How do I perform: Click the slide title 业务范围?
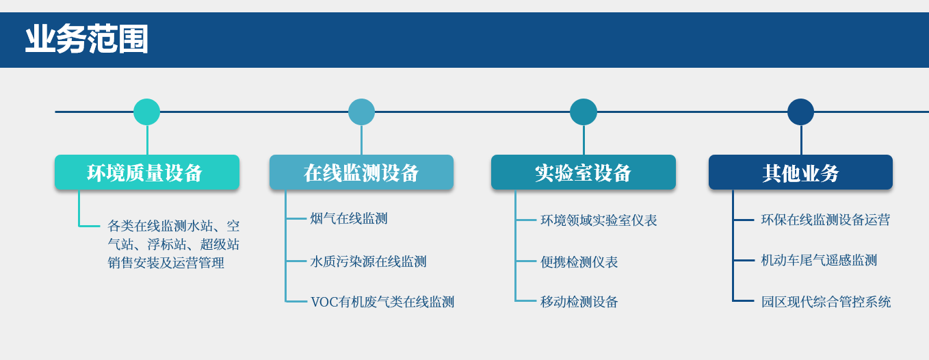87,40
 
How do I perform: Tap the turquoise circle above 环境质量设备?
147,112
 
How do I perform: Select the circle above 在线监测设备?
362,112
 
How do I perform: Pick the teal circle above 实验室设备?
584,112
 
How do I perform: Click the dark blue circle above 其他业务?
801,112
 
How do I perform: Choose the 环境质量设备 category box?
147,172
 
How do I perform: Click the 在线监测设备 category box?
362,172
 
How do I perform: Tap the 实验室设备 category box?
584,172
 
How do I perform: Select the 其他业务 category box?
801,172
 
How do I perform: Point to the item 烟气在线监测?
349,218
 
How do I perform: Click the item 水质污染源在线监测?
368,261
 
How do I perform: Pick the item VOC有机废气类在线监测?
382,302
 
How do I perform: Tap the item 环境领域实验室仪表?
599,220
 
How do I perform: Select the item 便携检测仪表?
579,261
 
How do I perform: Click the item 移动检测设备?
579,302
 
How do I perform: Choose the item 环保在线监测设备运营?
826,220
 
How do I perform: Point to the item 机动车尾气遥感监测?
819,261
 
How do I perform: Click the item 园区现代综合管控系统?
826,302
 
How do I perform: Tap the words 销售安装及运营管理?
166,263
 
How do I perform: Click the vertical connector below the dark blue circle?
801,140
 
